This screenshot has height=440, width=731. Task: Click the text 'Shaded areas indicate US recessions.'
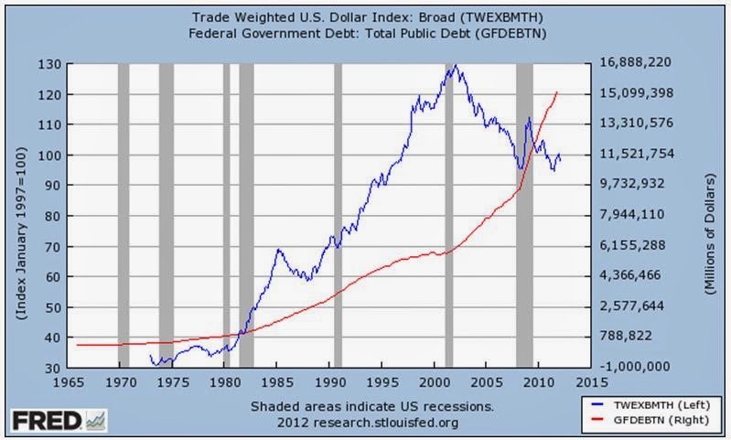pos(370,406)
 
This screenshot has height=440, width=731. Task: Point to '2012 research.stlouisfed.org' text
pos(370,423)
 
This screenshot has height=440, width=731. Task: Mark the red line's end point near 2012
pos(557,92)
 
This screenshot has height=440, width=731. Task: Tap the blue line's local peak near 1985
pos(278,249)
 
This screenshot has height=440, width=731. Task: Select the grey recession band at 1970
pos(124,215)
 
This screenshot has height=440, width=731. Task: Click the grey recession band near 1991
pos(338,215)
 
